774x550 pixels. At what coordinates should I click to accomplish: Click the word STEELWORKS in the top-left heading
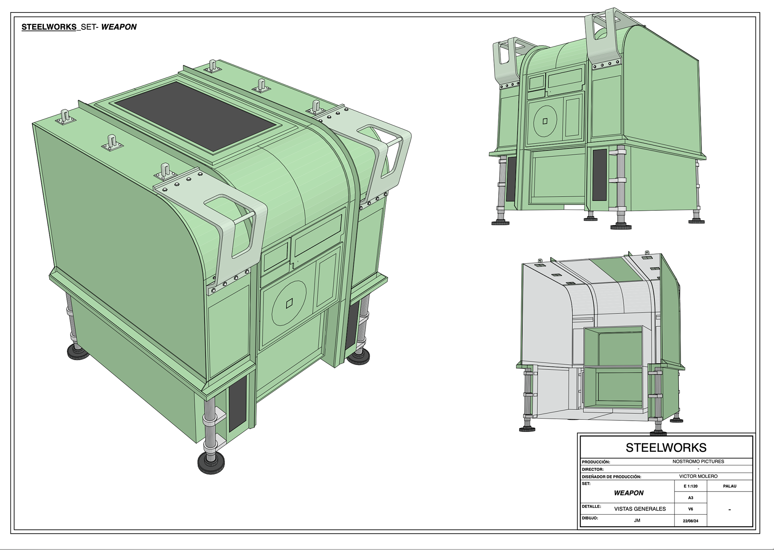pos(49,27)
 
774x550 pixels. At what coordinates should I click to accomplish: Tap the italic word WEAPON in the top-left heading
pos(119,27)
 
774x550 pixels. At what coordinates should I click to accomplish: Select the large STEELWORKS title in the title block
pos(666,448)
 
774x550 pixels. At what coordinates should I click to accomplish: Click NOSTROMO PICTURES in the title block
pos(698,461)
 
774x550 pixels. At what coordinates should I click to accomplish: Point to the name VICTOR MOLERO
pos(698,476)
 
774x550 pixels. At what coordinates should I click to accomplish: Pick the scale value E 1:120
pos(691,486)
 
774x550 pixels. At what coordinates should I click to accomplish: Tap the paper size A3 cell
pos(691,498)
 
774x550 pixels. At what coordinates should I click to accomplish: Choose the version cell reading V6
pos(691,509)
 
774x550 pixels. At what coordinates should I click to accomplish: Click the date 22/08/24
pos(691,521)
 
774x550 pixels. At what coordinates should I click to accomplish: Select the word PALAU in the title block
pos(730,486)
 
